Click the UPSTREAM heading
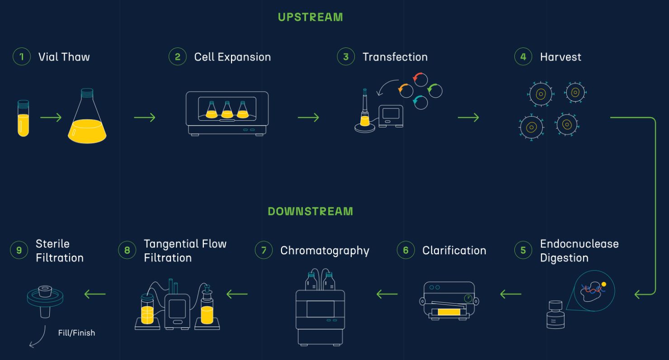pyautogui.click(x=310, y=17)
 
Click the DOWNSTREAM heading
pyautogui.click(x=310, y=211)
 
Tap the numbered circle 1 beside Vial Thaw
pyautogui.click(x=22, y=57)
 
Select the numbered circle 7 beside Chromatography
pyautogui.click(x=264, y=250)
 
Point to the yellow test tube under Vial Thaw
pyautogui.click(x=24, y=118)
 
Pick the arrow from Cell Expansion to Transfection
pyautogui.click(x=308, y=117)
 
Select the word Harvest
pyautogui.click(x=561, y=57)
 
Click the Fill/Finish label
pyautogui.click(x=77, y=333)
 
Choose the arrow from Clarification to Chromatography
pyautogui.click(x=387, y=294)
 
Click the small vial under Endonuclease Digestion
pyautogui.click(x=556, y=315)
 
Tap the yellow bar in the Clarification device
pyautogui.click(x=449, y=312)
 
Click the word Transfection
pyautogui.click(x=395, y=57)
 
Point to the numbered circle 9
pyautogui.click(x=19, y=250)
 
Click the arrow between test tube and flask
pyautogui.click(x=51, y=117)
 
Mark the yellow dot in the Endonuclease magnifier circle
pyautogui.click(x=604, y=284)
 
